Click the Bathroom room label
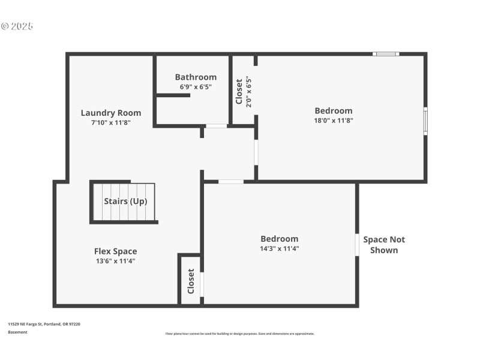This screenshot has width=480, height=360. click(196, 77)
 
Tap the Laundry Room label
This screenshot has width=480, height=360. click(111, 113)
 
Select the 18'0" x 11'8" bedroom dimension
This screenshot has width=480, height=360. click(334, 120)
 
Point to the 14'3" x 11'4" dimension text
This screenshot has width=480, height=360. click(279, 248)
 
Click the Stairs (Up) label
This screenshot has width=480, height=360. click(125, 201)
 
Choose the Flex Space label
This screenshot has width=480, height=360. click(115, 251)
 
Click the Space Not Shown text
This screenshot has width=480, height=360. click(384, 245)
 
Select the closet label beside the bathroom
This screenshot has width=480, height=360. click(239, 91)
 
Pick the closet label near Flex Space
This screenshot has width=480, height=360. click(191, 281)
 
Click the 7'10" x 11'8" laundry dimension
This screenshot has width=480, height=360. click(111, 122)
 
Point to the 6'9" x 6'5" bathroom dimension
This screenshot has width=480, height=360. click(196, 86)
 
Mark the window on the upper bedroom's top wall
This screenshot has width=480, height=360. click(386, 54)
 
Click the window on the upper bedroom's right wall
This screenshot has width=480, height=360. click(425, 121)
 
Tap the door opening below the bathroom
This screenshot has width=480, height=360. click(217, 126)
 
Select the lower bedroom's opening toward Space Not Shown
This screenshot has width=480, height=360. click(357, 245)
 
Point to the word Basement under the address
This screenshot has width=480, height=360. click(17, 332)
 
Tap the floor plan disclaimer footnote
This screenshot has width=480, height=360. click(239, 334)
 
